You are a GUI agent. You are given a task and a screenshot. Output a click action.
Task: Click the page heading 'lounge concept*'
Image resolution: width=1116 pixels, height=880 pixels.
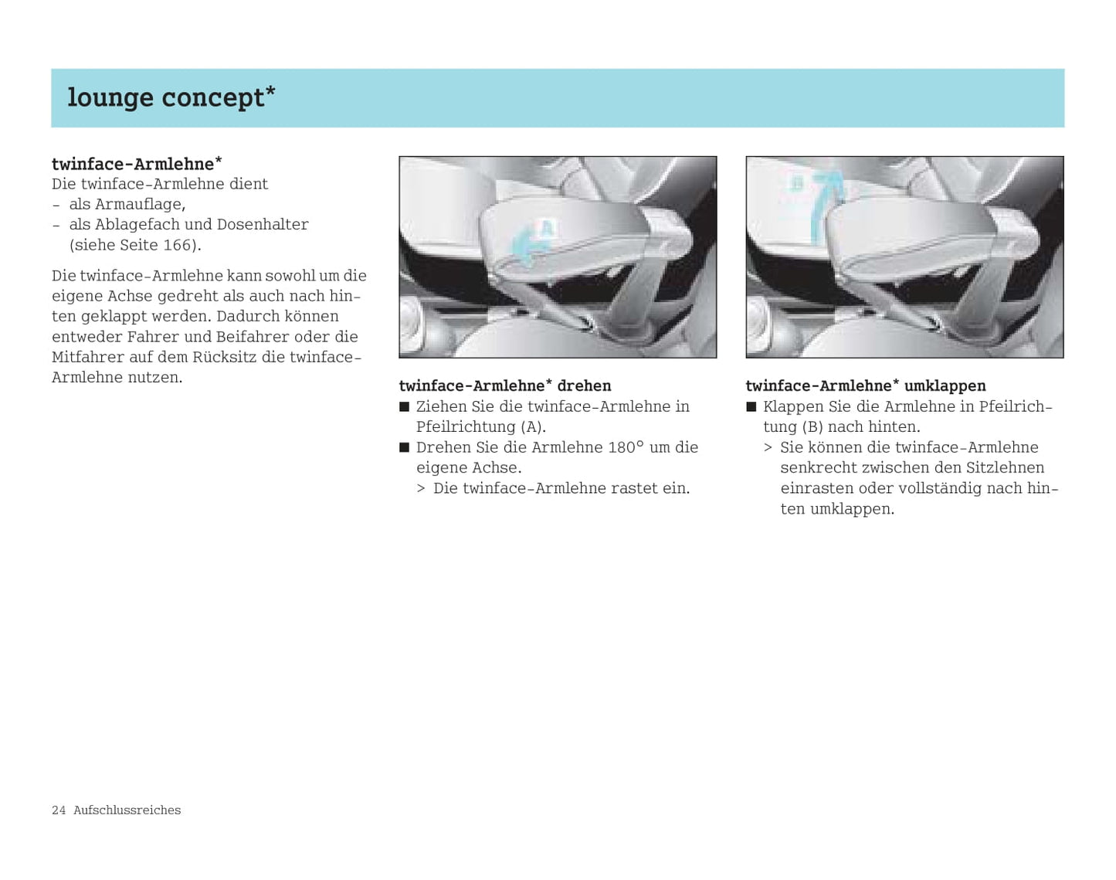(x=171, y=98)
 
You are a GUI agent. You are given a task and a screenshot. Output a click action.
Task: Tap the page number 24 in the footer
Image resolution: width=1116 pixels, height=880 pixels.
(x=59, y=810)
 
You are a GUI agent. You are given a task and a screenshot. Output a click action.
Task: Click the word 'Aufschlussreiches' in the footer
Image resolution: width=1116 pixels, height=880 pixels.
(x=127, y=810)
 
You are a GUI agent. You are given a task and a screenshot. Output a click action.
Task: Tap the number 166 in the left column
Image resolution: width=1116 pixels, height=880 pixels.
(x=177, y=245)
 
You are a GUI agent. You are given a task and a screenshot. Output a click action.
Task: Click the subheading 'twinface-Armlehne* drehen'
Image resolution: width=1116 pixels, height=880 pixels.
(x=504, y=386)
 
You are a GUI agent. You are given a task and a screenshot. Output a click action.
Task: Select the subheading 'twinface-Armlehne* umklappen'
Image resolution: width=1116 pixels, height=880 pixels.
(x=865, y=386)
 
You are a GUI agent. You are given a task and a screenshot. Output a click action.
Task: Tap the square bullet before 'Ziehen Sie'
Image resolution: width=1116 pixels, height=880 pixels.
(x=404, y=407)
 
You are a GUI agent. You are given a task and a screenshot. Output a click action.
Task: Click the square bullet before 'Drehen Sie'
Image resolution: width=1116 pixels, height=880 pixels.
(x=404, y=447)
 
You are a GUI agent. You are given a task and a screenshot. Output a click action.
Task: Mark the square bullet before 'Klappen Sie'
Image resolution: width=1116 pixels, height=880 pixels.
(x=751, y=407)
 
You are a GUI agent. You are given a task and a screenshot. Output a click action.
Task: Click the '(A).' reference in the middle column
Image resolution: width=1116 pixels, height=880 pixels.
(x=533, y=427)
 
